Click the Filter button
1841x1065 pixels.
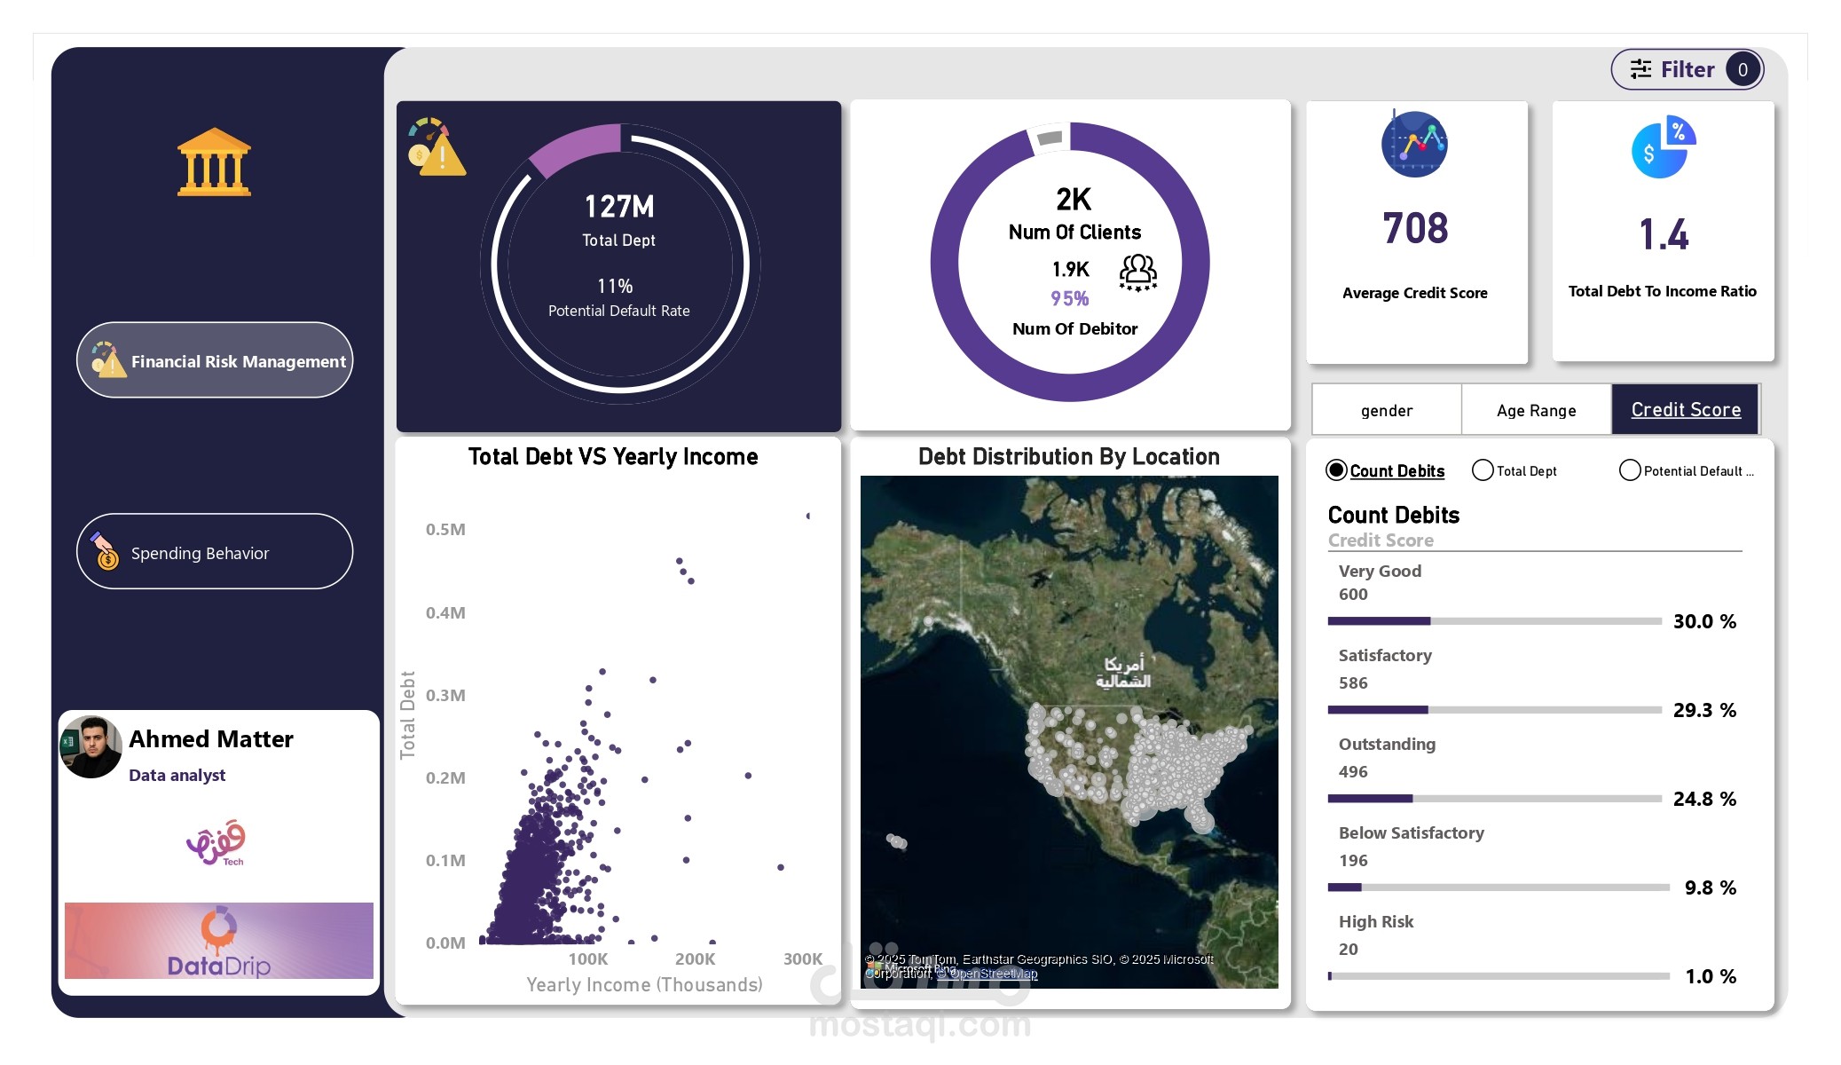click(1686, 69)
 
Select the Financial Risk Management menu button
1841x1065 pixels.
click(215, 360)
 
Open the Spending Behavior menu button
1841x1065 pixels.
click(215, 552)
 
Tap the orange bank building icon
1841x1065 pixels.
click(214, 162)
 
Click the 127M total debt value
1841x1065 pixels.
click(618, 207)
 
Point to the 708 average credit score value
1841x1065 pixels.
click(1415, 229)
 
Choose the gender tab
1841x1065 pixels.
click(1386, 410)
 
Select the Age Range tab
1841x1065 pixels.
click(1536, 410)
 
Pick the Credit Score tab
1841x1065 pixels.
click(1685, 410)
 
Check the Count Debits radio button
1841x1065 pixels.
click(1336, 470)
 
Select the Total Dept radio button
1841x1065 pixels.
click(1482, 470)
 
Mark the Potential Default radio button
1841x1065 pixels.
click(1629, 470)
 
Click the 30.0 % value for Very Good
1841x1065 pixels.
click(1704, 621)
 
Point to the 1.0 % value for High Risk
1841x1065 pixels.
click(1711, 976)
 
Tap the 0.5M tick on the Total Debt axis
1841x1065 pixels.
click(445, 530)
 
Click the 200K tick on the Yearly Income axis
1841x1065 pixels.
click(695, 959)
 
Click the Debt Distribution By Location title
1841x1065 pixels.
click(1068, 457)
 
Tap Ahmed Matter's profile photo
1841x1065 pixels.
click(90, 747)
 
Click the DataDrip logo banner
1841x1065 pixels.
click(219, 941)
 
